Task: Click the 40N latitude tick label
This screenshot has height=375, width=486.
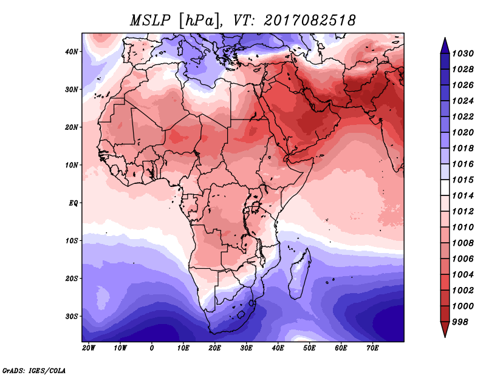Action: click(x=72, y=52)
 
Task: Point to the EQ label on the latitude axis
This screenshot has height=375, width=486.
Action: click(x=73, y=203)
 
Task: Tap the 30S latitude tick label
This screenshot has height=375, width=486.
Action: click(x=72, y=316)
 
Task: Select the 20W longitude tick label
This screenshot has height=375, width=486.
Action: click(x=88, y=348)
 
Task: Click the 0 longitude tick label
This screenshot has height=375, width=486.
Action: click(x=151, y=348)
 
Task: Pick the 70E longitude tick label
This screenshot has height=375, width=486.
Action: click(x=372, y=348)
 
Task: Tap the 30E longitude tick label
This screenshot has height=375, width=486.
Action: click(x=246, y=348)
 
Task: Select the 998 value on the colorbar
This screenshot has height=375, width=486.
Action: click(x=460, y=322)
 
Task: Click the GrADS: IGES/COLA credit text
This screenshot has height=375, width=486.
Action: click(x=34, y=370)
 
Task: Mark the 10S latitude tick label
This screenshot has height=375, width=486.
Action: click(x=72, y=241)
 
